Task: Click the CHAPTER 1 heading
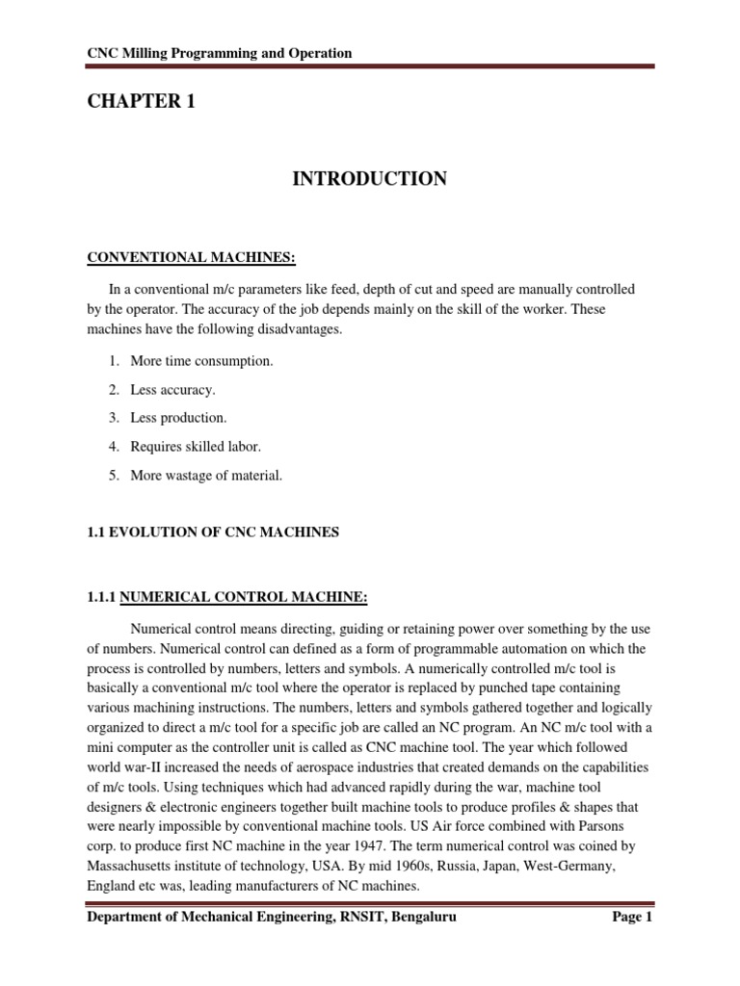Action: click(x=141, y=101)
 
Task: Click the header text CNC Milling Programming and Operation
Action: click(x=219, y=53)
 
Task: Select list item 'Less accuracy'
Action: click(x=175, y=390)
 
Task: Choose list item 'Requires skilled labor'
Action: click(x=198, y=447)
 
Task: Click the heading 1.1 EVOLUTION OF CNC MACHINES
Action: click(x=213, y=532)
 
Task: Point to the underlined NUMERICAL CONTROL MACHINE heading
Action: click(x=244, y=598)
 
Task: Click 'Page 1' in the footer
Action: click(x=632, y=919)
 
